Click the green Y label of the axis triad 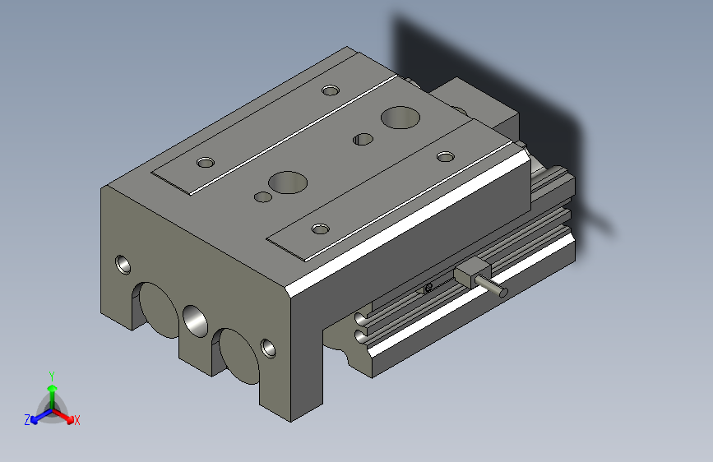coord(51,375)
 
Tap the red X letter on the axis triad coord(76,420)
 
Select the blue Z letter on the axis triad coord(27,419)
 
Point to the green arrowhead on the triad coord(52,388)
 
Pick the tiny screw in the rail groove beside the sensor coord(428,287)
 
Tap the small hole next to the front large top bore coord(263,197)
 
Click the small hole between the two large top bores coord(359,139)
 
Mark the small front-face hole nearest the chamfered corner coord(268,348)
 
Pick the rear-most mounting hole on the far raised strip coord(331,89)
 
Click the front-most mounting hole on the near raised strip coord(319,228)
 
